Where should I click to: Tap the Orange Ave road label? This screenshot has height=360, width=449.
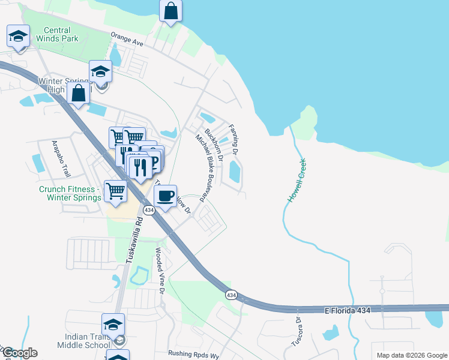coord(127,40)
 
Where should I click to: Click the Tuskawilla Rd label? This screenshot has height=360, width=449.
coord(134,239)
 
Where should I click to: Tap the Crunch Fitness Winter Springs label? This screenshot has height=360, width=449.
coord(67,193)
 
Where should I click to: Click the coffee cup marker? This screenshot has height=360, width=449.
coord(165,196)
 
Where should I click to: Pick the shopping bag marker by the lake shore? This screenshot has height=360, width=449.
coord(171,11)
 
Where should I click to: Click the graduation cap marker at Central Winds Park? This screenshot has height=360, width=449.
coord(19,37)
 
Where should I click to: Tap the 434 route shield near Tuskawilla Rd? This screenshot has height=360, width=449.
coord(149,210)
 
